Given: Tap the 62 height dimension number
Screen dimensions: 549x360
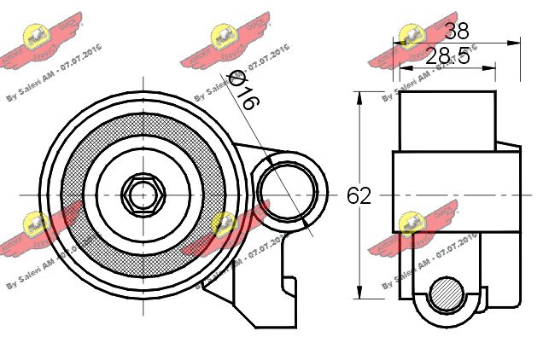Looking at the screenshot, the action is coord(359,195).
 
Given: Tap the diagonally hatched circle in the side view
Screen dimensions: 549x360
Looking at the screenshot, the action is coord(446,294).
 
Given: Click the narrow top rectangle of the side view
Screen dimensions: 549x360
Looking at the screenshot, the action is coord(447,119).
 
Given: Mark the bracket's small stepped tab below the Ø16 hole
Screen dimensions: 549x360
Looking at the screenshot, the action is coord(289,286).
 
